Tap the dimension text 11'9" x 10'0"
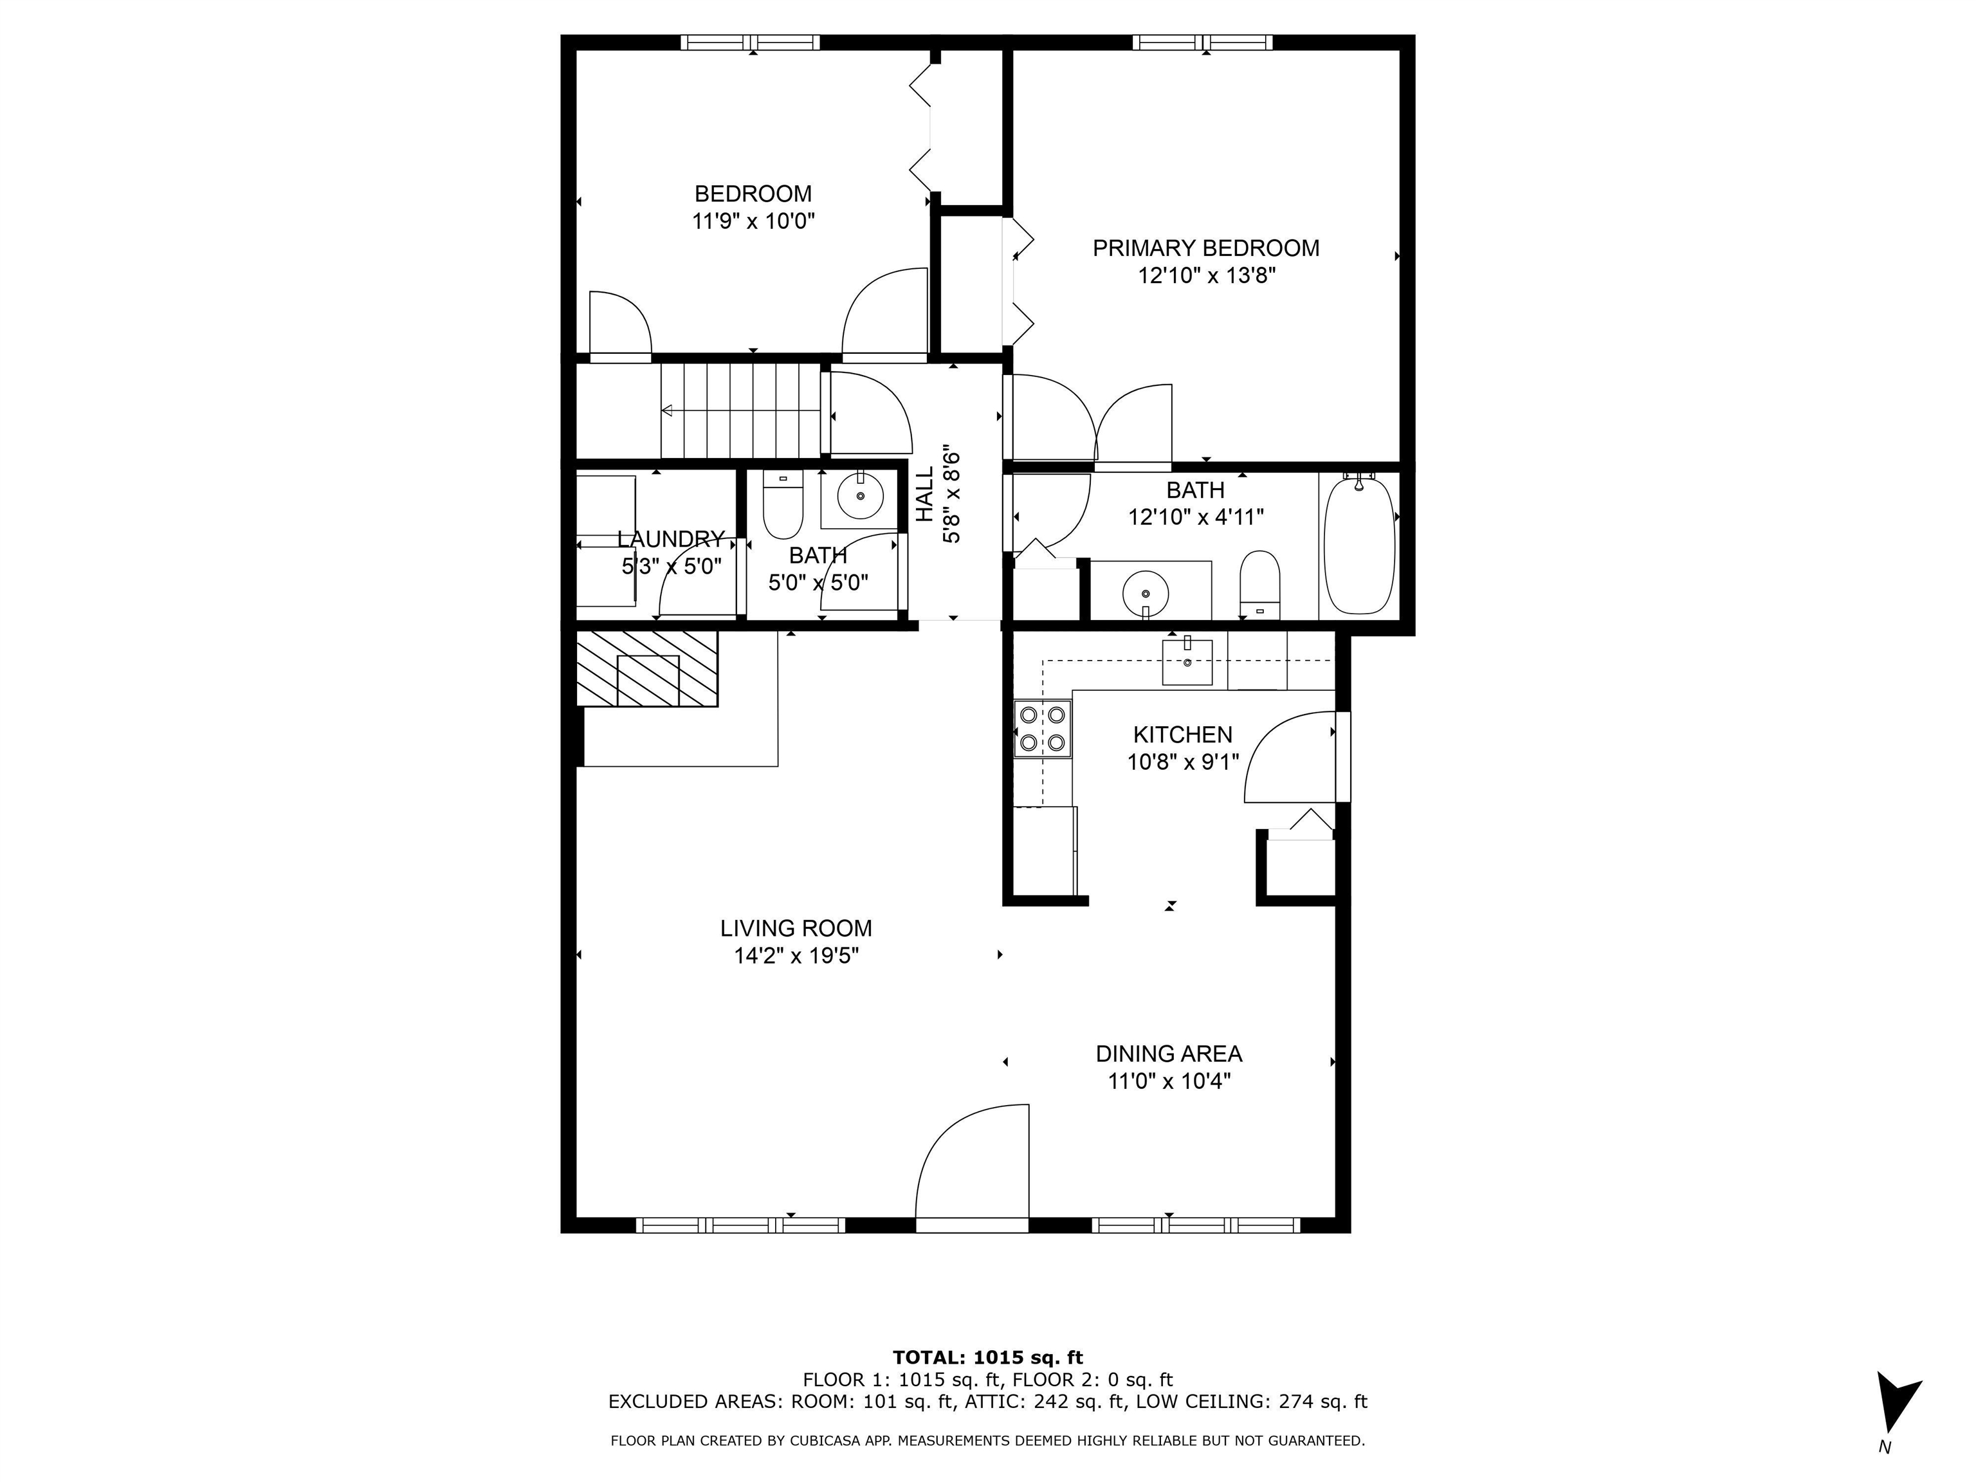[x=753, y=221]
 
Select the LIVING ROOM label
[x=796, y=928]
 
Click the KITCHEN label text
[x=1182, y=735]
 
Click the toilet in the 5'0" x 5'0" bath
[x=783, y=506]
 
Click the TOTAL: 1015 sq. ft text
[x=987, y=1358]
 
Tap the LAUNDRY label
[x=670, y=538]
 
